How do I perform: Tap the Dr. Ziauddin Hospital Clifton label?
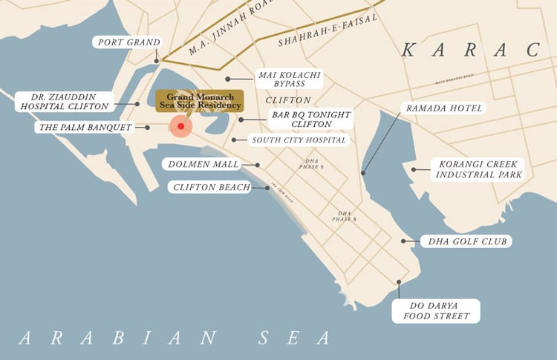point(65,101)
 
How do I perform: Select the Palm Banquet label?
point(85,127)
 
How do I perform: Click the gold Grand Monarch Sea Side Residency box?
point(199,101)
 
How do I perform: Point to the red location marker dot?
point(181,126)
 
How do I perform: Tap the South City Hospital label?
point(299,140)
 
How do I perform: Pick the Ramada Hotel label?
point(443,108)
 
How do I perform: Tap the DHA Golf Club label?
point(466,241)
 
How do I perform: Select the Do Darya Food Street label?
point(436,311)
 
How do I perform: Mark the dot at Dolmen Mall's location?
point(258,165)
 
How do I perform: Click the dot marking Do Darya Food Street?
point(399,282)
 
